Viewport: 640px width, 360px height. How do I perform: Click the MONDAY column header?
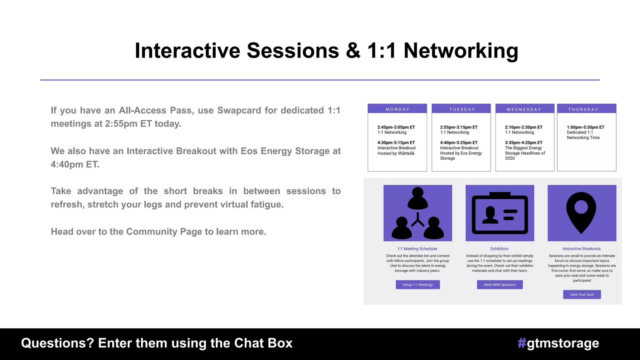(x=397, y=109)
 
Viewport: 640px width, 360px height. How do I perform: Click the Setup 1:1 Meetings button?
(x=417, y=285)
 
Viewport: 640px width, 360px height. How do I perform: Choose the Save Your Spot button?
(x=582, y=294)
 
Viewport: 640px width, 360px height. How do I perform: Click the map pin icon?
(x=581, y=213)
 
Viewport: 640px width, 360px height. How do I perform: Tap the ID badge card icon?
(x=500, y=214)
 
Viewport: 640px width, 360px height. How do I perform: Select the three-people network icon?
(x=417, y=213)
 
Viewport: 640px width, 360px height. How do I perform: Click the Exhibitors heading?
(x=499, y=249)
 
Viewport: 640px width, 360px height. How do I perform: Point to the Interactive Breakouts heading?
(x=581, y=249)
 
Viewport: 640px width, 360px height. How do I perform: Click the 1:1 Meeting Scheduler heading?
(x=417, y=249)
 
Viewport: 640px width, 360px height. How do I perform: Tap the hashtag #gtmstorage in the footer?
(x=558, y=343)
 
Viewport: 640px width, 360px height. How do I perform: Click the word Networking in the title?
(x=461, y=51)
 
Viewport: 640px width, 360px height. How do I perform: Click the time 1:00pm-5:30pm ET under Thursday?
(x=585, y=127)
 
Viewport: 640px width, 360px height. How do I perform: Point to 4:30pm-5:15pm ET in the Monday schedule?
(x=396, y=142)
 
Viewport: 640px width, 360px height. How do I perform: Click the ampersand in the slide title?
(x=353, y=51)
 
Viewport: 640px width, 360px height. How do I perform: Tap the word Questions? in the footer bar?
(x=57, y=343)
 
